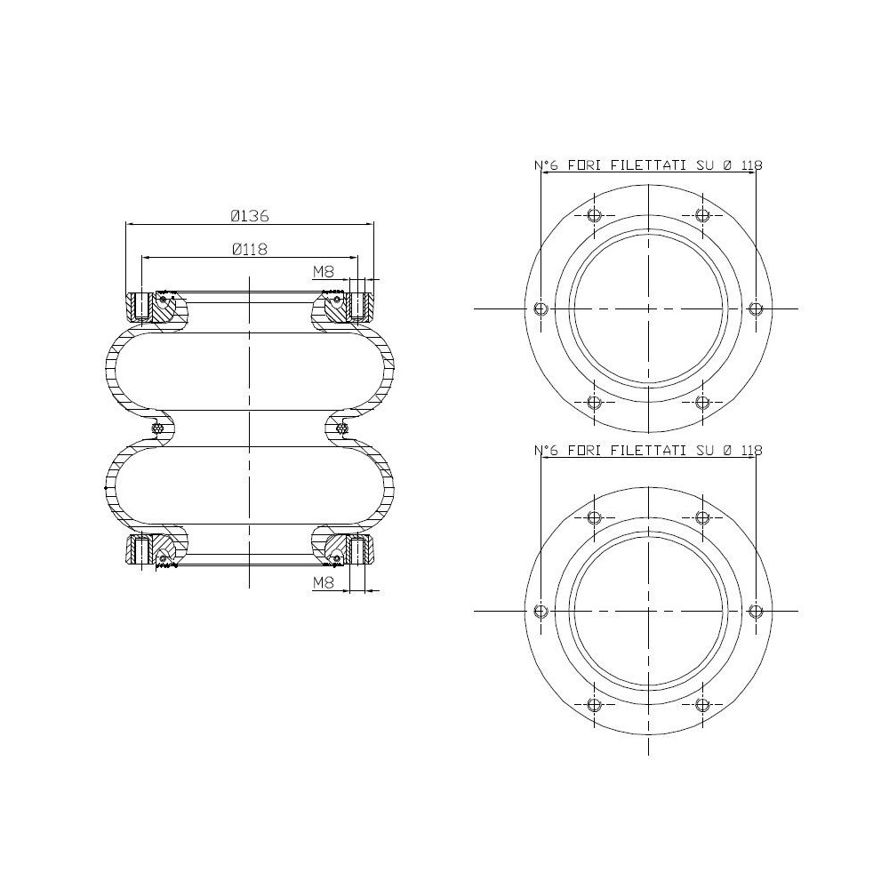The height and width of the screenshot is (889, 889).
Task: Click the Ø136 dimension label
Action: point(250,216)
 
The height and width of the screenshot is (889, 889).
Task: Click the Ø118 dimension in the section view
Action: point(250,249)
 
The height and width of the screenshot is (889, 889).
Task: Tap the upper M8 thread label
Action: point(324,272)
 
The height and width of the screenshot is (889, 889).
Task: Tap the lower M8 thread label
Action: point(324,582)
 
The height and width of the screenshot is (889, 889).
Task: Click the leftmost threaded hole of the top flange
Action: point(541,308)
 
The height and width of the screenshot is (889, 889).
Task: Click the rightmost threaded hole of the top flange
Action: point(756,308)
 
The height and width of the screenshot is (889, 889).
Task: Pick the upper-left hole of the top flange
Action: point(594,215)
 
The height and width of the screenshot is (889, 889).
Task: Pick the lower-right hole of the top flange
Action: point(702,402)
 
